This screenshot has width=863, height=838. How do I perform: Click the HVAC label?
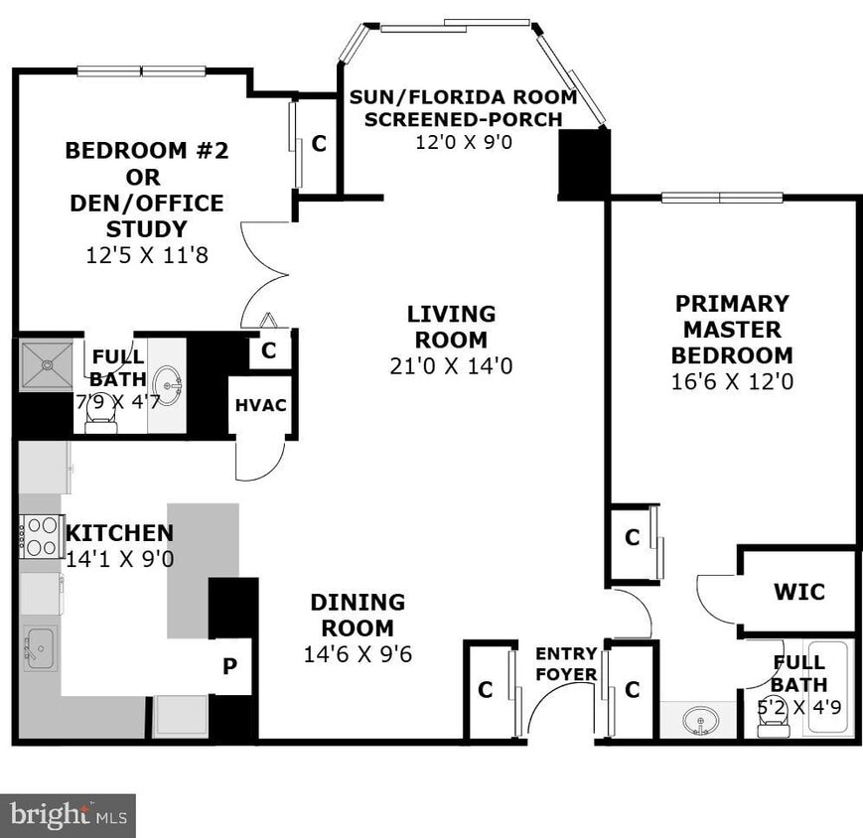[x=260, y=405]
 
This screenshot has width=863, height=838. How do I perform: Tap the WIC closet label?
[x=798, y=592]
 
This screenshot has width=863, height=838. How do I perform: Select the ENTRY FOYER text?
[x=566, y=664]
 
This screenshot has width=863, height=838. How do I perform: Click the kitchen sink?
[x=40, y=649]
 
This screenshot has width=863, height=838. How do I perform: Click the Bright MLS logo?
[x=68, y=815]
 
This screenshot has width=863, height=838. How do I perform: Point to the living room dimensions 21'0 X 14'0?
[x=451, y=366]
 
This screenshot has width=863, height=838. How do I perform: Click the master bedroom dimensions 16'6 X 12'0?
[x=732, y=381]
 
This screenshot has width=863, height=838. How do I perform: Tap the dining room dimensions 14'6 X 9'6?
[x=358, y=654]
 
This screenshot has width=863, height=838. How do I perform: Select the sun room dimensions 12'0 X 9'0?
[x=463, y=142]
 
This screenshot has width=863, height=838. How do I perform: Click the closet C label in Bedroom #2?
[x=319, y=143]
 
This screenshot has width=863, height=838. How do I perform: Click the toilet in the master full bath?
[x=770, y=726]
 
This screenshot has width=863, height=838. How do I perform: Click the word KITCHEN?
[x=119, y=533]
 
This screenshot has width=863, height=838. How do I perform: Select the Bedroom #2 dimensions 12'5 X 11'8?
[x=147, y=255]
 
